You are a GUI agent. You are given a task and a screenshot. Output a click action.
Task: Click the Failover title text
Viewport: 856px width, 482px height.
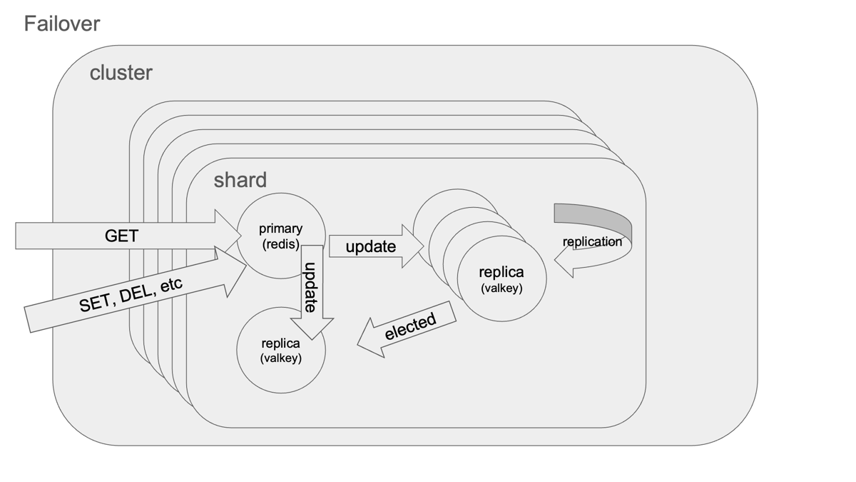62,24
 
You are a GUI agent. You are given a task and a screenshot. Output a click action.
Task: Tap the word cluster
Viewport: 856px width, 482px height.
121,73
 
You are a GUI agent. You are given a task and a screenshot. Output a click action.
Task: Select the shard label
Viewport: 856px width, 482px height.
240,180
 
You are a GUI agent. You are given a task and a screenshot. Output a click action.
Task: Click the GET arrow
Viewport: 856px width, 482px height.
121,236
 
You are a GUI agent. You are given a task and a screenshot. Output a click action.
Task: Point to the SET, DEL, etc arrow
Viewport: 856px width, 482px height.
132,294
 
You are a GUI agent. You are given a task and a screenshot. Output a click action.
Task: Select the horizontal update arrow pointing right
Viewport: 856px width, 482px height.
371,246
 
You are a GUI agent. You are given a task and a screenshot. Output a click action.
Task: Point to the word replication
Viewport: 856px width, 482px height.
592,241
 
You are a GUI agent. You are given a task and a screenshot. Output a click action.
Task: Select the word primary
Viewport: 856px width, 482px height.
280,229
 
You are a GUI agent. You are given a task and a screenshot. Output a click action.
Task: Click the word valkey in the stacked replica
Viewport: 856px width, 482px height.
501,288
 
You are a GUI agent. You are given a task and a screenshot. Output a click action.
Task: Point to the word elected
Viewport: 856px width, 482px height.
410,326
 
